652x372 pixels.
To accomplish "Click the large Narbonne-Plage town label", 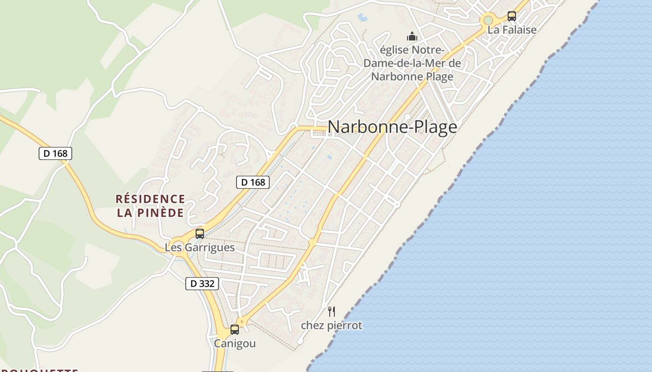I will (x=392, y=127).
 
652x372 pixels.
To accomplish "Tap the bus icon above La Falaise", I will (x=511, y=16).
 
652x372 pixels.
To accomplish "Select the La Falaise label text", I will (x=512, y=30).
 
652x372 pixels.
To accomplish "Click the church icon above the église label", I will (x=412, y=36).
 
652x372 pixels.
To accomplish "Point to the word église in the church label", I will (x=396, y=50).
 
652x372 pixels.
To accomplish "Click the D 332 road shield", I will (x=202, y=283).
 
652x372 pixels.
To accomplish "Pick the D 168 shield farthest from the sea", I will (x=55, y=153).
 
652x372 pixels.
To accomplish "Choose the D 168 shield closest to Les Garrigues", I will (x=253, y=182).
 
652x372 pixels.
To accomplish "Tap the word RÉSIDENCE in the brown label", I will (x=150, y=199).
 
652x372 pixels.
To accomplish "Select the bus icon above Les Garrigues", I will (x=199, y=234).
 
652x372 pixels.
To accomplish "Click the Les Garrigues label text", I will (x=199, y=247).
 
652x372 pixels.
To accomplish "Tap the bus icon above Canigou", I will (x=235, y=330).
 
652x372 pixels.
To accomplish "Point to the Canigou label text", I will (x=235, y=344).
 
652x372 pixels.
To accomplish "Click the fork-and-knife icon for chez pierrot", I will (x=332, y=311).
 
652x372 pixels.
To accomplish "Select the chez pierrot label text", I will (x=331, y=325).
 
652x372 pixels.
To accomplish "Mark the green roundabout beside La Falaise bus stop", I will (x=488, y=20).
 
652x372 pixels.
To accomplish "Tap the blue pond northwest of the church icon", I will (x=362, y=17).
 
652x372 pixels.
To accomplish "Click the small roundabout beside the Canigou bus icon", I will (x=241, y=321).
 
